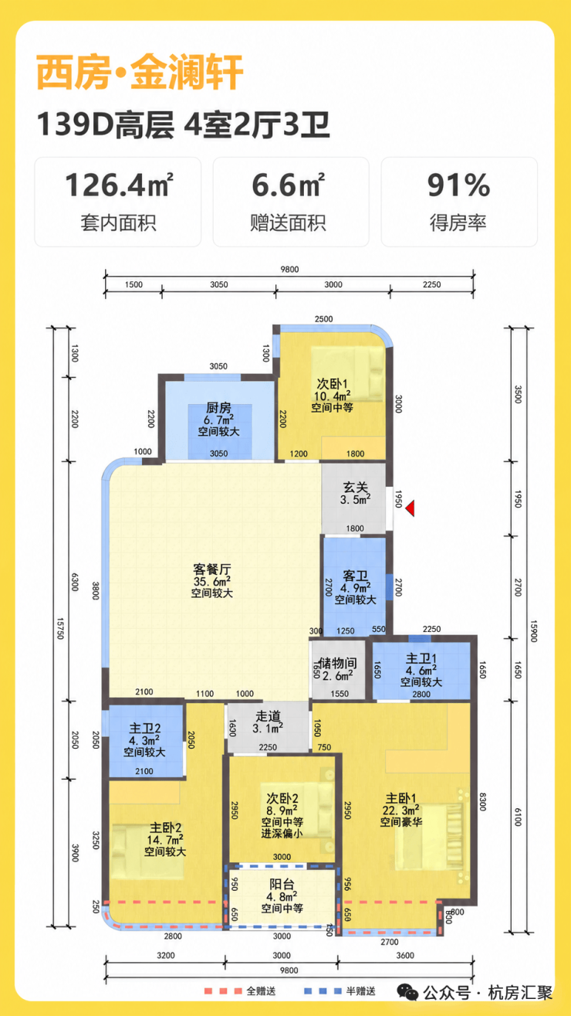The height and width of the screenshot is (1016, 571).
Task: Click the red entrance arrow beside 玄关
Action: (411, 508)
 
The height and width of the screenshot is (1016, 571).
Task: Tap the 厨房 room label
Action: (218, 407)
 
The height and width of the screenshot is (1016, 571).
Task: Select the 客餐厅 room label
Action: (212, 569)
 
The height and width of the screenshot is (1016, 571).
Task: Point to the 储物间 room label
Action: (338, 663)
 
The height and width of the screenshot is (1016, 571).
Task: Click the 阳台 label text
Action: (282, 884)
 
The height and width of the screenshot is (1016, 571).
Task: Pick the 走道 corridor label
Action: (268, 716)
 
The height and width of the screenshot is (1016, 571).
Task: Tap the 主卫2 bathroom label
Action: (145, 729)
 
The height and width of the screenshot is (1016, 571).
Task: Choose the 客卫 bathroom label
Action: (356, 576)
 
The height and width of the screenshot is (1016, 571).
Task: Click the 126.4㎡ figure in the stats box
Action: (119, 185)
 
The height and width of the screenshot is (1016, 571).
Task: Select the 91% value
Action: (458, 185)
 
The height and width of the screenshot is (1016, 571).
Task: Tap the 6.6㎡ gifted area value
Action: (289, 185)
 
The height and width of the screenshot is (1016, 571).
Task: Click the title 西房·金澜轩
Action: (140, 72)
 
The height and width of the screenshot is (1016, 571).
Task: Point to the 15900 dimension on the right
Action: (533, 631)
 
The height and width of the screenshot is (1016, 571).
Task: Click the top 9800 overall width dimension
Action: (289, 270)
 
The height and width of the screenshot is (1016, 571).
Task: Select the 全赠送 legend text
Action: (261, 991)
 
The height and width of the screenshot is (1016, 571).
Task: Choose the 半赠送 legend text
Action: (361, 991)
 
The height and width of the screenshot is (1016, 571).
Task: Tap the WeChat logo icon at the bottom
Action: (407, 992)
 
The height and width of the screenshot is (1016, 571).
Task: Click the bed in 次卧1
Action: (348, 374)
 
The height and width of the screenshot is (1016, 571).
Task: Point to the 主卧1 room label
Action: (400, 798)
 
